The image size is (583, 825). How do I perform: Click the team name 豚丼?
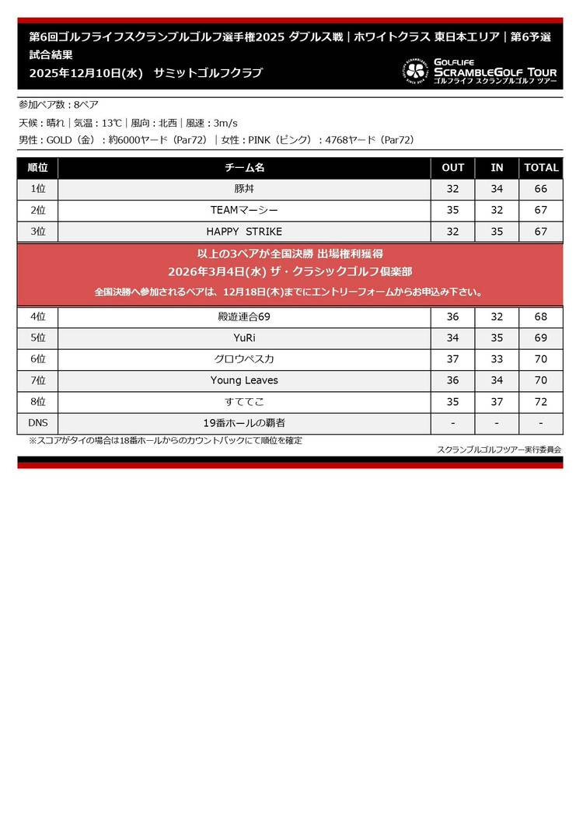click(244, 189)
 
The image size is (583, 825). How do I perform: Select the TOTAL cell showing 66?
click(541, 189)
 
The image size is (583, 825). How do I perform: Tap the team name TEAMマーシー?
click(244, 210)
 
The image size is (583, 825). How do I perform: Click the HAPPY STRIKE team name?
click(244, 232)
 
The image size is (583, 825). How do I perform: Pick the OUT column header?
click(453, 168)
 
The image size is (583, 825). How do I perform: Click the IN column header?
click(497, 168)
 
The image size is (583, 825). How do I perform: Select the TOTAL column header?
click(541, 168)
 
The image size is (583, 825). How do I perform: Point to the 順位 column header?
click(37, 168)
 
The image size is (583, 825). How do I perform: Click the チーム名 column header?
click(244, 168)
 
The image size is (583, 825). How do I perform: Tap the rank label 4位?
click(37, 316)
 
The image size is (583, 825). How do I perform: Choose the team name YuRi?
click(244, 338)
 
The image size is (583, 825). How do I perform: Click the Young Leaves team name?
click(244, 380)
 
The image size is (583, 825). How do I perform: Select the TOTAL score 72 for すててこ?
click(541, 402)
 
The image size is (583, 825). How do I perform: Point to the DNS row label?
click(37, 423)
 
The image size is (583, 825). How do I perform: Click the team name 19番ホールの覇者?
click(244, 423)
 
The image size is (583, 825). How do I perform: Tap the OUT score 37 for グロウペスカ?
click(453, 359)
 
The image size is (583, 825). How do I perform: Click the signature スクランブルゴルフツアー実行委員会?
click(499, 449)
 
